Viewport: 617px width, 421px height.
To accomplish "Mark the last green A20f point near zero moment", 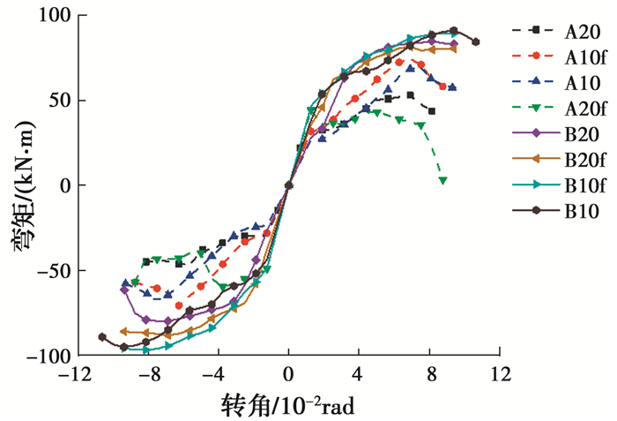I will pos(442,180).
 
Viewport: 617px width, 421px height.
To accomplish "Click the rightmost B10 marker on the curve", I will pos(475,41).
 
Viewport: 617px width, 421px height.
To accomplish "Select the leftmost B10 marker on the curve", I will pos(102,337).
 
